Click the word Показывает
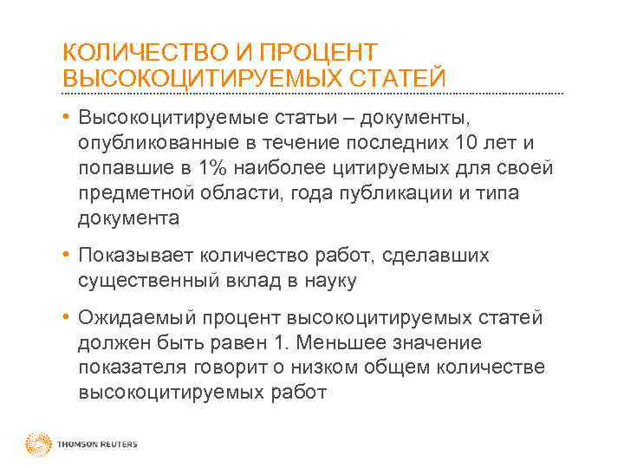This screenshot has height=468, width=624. pos(136,256)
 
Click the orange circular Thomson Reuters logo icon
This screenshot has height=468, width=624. pos(39,444)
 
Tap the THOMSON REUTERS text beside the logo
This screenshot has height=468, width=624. pos(96,445)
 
